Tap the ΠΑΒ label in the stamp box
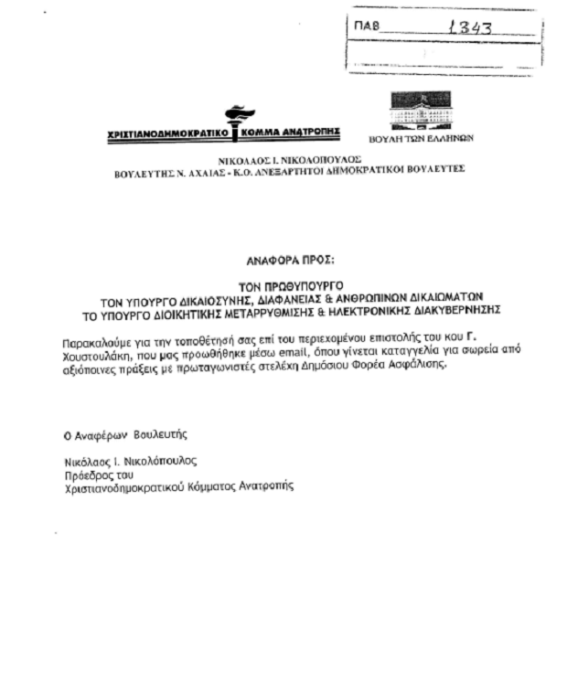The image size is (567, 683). coord(365,27)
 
